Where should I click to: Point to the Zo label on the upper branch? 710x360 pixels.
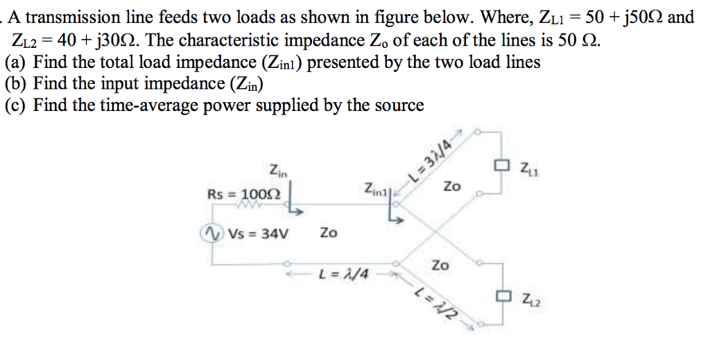[451, 187]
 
